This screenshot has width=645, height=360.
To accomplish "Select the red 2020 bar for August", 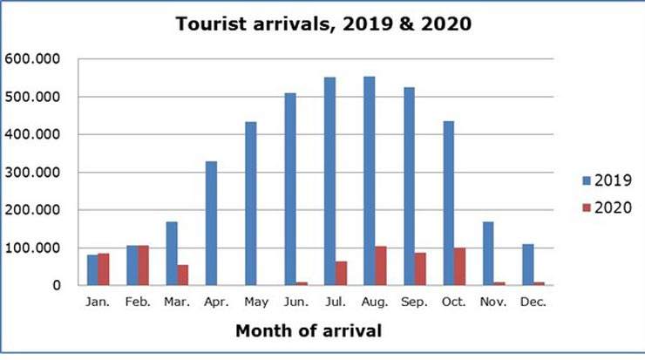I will click(380, 266).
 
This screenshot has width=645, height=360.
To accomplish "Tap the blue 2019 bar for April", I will click(211, 223).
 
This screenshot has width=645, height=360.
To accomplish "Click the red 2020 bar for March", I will click(182, 275).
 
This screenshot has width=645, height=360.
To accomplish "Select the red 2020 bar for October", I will click(459, 267).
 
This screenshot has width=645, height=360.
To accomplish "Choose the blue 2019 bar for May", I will click(250, 203).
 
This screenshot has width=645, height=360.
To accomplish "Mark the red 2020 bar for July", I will click(341, 273).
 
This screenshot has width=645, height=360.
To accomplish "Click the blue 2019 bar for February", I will click(132, 265).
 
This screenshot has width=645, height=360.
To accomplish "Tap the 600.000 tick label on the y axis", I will click(31, 58).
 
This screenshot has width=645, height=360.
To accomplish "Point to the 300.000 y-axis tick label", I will click(31, 172).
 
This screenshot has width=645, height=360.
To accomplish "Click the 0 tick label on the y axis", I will click(57, 285).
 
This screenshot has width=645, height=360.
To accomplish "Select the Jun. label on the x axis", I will click(295, 302).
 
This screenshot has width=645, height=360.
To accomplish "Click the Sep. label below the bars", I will click(414, 302).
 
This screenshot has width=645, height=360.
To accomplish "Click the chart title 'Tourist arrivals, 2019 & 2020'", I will click(323, 24).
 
